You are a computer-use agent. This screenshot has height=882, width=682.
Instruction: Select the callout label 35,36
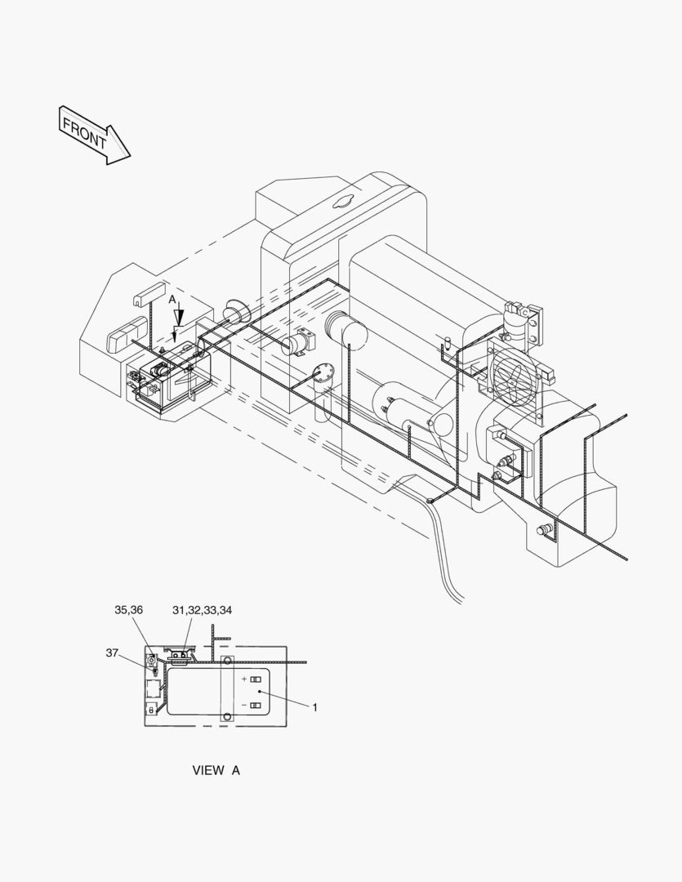(128, 610)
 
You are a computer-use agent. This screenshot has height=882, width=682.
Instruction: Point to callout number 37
(113, 653)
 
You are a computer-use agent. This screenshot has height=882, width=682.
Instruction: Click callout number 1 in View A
(314, 707)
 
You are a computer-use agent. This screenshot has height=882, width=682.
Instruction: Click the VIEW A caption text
(216, 770)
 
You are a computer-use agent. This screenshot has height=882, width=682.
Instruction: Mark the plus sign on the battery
(243, 679)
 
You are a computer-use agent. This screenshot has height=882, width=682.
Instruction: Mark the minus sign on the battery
(243, 705)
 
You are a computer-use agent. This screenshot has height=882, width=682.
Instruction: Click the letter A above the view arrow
(172, 301)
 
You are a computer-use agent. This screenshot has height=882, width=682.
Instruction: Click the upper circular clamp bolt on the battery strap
(227, 661)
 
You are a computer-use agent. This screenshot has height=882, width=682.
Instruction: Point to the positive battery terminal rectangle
(256, 679)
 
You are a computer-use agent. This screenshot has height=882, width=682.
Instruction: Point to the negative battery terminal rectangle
(256, 705)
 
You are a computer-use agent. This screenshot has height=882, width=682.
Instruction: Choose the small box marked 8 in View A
(151, 710)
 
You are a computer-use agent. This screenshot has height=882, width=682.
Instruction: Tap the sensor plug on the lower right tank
(543, 531)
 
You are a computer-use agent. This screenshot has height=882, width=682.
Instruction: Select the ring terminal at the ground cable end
(430, 500)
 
